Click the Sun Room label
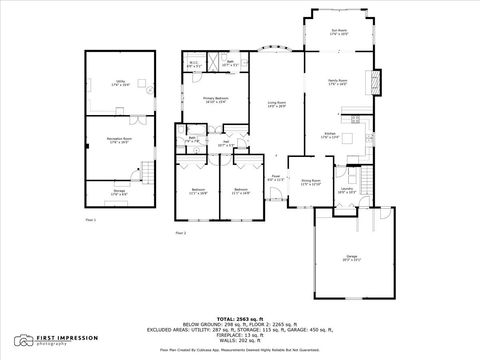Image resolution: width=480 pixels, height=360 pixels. click(340, 32)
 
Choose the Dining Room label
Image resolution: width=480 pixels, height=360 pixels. click(311, 182)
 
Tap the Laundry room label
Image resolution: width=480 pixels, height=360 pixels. click(347, 189)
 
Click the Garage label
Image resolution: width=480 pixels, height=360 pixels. click(351, 258)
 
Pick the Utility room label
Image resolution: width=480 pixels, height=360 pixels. click(120, 83)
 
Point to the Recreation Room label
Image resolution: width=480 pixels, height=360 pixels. click(120, 142)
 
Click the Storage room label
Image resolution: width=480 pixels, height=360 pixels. click(120, 193)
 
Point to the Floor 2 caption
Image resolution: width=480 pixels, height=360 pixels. click(181, 233)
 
